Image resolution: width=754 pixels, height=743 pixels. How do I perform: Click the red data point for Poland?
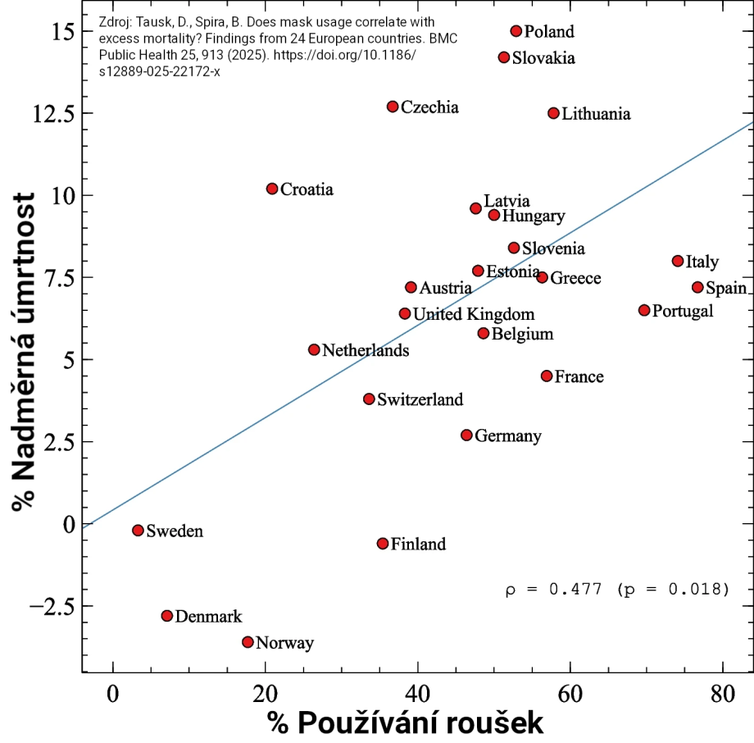point(516,31)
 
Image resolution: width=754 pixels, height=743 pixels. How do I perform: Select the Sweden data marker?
point(138,531)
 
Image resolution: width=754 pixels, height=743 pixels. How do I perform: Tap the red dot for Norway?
point(248,642)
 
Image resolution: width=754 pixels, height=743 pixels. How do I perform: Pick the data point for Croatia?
point(272,189)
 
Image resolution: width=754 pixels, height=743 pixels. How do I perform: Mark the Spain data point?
point(697,287)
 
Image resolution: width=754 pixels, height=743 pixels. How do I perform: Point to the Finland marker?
point(383,543)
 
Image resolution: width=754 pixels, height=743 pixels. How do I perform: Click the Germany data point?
point(466,435)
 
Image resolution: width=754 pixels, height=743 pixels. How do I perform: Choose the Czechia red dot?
point(393,107)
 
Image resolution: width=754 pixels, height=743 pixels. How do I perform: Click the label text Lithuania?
point(596,114)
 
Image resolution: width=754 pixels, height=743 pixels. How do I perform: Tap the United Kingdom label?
point(473,314)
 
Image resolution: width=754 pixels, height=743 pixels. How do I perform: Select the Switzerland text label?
point(420,400)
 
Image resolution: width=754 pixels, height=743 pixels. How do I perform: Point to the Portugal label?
point(682,311)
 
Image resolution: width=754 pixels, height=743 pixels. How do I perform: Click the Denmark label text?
point(208,617)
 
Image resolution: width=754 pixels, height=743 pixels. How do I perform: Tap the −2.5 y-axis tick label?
point(49,606)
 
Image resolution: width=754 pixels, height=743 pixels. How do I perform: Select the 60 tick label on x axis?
point(570,693)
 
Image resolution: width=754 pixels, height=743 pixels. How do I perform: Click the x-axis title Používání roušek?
point(405,722)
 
